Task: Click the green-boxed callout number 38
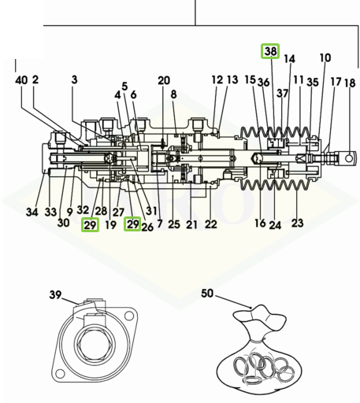tap(271, 51)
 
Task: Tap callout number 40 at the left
tap(21, 80)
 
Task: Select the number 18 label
tap(350, 83)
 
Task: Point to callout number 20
tap(164, 80)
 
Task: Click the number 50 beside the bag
tap(207, 293)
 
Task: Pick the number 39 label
tap(55, 294)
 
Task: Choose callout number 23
tap(298, 223)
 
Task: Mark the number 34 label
tap(32, 212)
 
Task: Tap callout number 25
tap(174, 224)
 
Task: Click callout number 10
tap(325, 57)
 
